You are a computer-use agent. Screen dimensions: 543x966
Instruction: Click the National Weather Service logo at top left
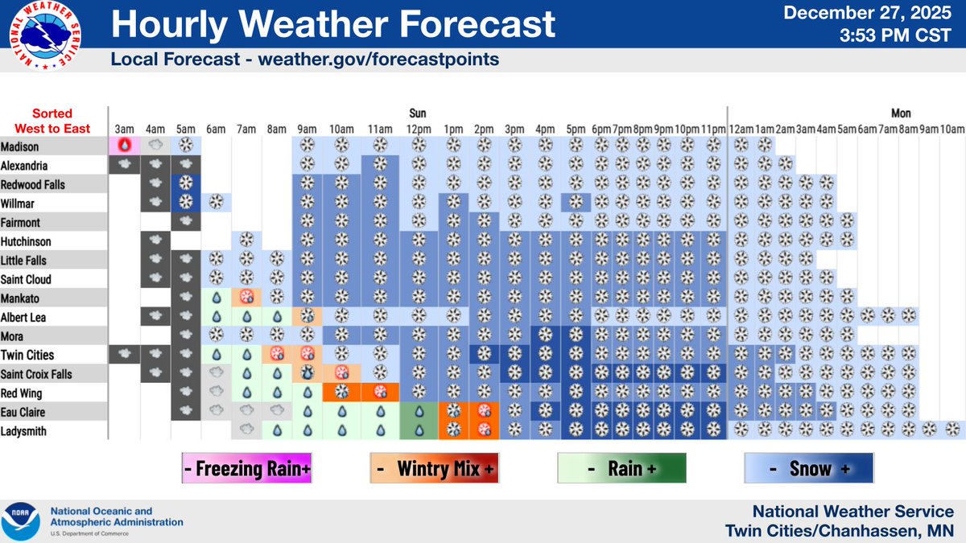coord(46,37)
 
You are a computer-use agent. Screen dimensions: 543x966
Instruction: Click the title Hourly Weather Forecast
coord(332,24)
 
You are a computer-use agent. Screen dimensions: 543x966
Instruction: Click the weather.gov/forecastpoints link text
coord(378,60)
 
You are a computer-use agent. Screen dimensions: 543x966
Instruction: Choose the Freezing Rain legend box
coord(246,468)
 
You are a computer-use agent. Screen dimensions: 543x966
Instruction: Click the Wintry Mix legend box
coord(435,468)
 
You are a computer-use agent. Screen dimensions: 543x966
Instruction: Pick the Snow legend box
coord(809,468)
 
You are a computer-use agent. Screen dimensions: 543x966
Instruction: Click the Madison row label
coord(19,147)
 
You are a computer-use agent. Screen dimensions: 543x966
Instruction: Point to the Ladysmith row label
coord(23,431)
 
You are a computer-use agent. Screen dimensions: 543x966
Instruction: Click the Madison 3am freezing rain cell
coord(124,146)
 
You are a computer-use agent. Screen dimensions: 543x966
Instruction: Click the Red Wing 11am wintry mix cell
coord(380,392)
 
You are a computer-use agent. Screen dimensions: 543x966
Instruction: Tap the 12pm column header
coord(418,129)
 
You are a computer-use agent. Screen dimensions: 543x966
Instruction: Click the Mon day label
coord(901,113)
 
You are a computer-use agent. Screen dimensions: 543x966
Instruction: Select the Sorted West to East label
coord(52,121)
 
